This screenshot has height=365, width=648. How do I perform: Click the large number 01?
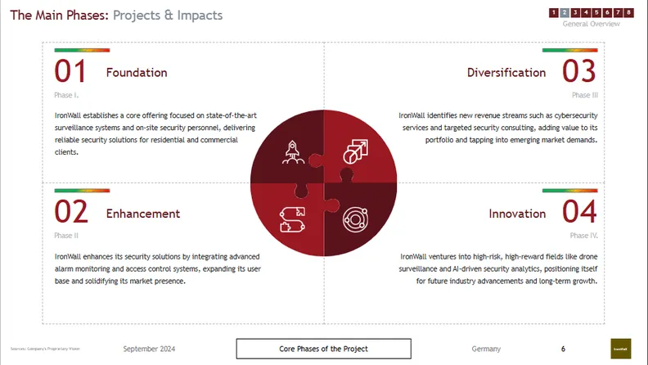70,72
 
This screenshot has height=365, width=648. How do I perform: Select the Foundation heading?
137,73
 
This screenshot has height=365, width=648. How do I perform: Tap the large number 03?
579,72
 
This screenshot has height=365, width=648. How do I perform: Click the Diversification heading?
506,73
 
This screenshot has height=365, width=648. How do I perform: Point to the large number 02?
71,213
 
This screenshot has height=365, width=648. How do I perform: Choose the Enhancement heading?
143,214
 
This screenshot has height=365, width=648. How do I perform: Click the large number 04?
579,213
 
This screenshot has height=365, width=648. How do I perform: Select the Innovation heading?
517,214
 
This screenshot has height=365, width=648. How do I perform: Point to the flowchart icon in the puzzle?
293,217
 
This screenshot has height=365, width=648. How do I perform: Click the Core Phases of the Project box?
324,349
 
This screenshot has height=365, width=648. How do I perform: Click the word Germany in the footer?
486,349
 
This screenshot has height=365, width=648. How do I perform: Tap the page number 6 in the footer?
563,349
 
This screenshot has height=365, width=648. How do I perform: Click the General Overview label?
591,24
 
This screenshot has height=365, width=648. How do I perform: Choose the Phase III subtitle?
585,95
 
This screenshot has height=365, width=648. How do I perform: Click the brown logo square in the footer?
621,348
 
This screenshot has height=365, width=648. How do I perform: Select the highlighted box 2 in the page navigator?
565,12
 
